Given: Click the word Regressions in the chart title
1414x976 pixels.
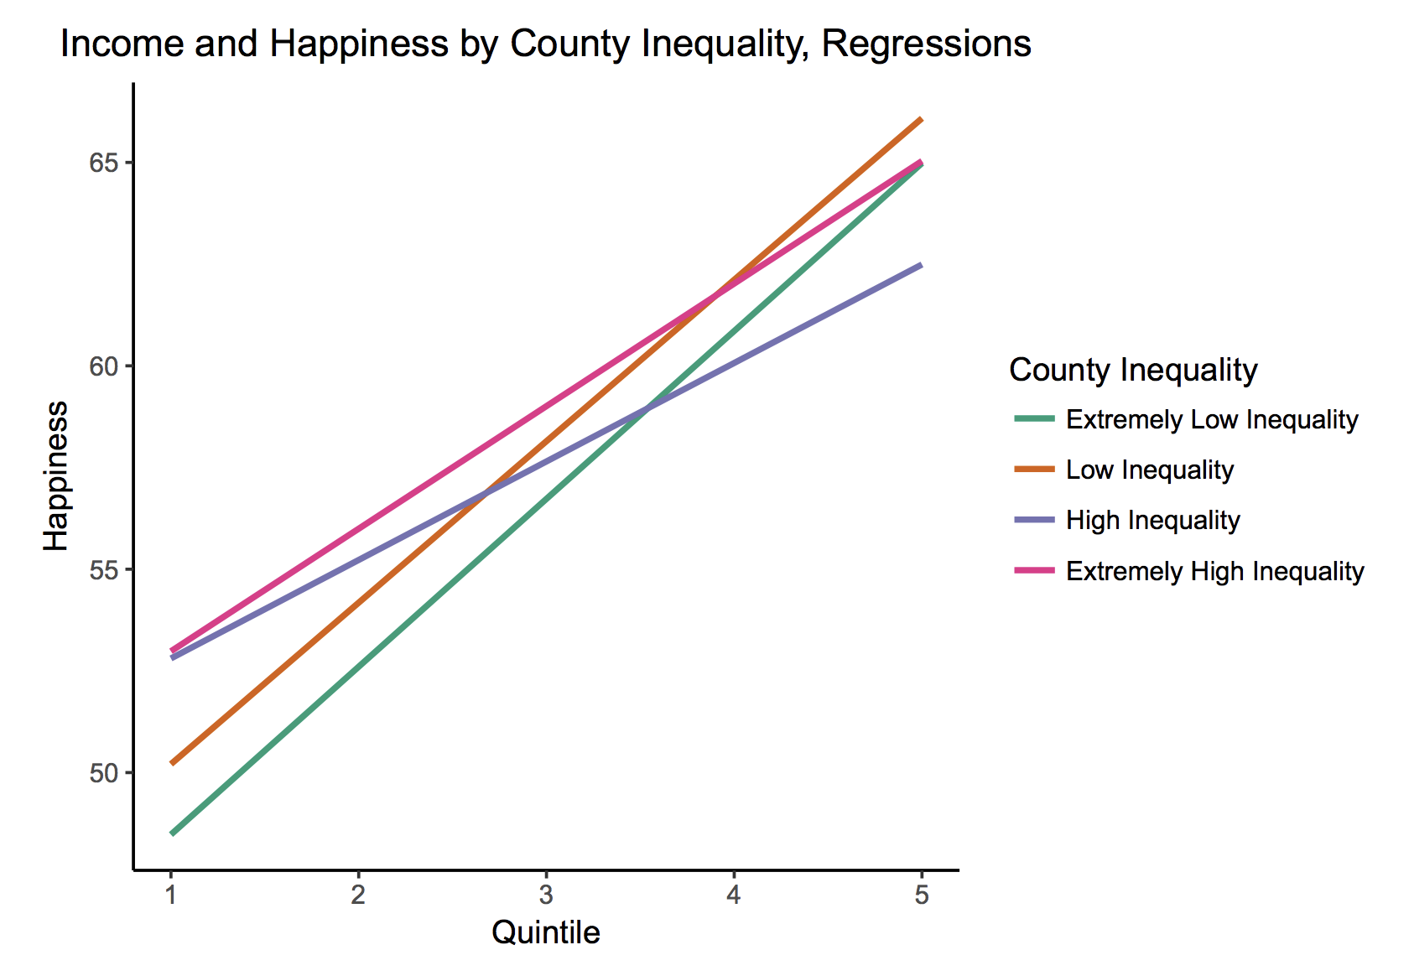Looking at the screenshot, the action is (926, 44).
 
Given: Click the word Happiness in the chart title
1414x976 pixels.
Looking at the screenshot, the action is (359, 44).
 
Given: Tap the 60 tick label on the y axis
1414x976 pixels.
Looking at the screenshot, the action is (103, 366).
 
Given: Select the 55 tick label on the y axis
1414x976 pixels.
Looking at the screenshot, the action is (103, 569).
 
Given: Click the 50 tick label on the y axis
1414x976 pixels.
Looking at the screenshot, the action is (103, 773).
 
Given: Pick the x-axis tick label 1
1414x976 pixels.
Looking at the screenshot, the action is (170, 895).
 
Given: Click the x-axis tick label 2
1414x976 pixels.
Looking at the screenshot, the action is (358, 895).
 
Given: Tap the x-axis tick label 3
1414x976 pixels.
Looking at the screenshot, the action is (546, 895).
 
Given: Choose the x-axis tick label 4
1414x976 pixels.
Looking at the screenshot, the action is (734, 895).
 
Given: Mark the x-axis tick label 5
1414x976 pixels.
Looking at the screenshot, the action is (922, 895).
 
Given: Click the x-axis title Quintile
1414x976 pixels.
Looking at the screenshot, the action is (546, 932).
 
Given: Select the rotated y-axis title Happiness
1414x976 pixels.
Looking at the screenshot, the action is (55, 476).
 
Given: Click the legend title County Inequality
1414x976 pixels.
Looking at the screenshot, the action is (1133, 370).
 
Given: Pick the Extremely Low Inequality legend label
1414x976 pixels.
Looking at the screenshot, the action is (1212, 420).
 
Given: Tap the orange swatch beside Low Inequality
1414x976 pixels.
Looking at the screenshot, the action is (1035, 469).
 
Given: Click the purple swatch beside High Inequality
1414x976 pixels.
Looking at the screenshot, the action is (1035, 520).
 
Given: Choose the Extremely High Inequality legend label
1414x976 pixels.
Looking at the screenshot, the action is (1215, 571).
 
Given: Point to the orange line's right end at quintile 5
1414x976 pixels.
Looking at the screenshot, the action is (922, 119).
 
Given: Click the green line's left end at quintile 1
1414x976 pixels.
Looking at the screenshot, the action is (172, 833).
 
